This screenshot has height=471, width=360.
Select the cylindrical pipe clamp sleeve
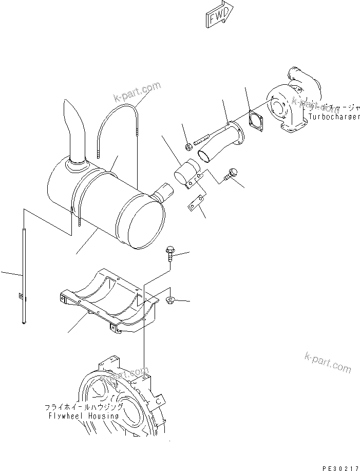[188, 173]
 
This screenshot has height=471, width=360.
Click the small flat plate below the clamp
[195, 204]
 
